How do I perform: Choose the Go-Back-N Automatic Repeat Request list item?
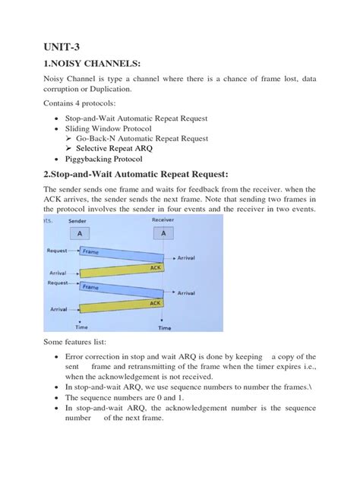142,139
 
